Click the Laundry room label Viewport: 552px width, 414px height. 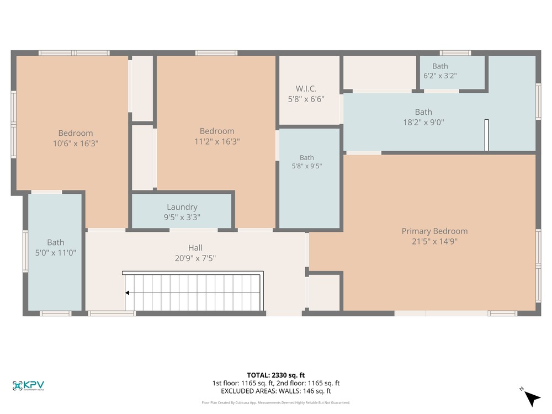[182, 207]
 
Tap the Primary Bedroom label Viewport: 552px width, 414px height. [435, 231]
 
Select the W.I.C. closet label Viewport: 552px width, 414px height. [306, 89]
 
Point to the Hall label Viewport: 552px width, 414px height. [195, 247]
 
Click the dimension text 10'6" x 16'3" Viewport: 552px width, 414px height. [76, 144]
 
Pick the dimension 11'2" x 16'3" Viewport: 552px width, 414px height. [217, 141]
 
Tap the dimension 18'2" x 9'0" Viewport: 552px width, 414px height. [423, 122]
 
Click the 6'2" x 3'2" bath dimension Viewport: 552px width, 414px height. [440, 75]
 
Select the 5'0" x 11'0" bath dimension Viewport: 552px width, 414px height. [56, 252]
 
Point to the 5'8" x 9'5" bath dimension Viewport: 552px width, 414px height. [306, 166]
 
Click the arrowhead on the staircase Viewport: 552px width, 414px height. [127, 293]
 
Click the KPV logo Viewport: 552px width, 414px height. [28, 385]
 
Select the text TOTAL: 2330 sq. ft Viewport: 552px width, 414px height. [275, 375]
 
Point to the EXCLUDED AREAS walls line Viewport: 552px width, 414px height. [275, 391]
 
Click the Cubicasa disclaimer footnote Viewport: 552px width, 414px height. [275, 402]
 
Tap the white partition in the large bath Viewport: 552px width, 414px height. [486, 135]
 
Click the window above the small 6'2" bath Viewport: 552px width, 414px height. [455, 53]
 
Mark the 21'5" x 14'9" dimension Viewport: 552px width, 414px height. [435, 241]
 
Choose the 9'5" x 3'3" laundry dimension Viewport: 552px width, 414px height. [182, 217]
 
